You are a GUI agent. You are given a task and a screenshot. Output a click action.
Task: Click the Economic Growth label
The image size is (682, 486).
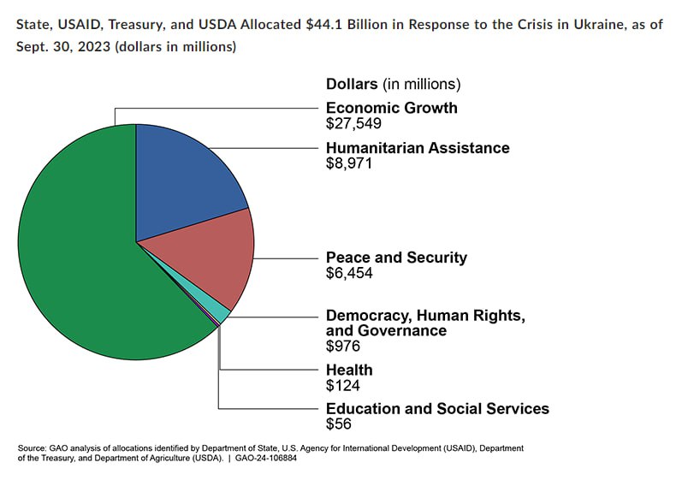[391, 108]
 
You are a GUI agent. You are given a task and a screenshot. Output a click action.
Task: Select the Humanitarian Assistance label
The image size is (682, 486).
[418, 148]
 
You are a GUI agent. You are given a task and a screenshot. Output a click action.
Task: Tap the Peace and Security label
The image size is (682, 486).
[396, 258]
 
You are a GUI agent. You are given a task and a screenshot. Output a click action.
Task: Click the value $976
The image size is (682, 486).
[343, 347]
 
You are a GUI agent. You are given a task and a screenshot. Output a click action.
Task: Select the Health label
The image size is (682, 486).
[349, 370]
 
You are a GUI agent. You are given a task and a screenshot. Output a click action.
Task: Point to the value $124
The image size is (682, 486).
[343, 385]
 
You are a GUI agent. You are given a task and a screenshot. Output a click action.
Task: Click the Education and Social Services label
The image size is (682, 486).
[437, 409]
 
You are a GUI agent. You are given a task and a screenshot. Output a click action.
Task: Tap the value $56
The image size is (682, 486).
[339, 424]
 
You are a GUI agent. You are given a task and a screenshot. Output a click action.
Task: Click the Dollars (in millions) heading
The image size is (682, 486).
[393, 84]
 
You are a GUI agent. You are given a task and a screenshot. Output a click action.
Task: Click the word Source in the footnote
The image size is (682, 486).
[32, 447]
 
